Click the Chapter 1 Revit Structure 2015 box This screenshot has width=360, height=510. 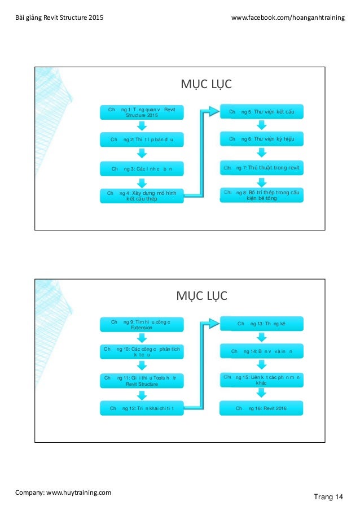(x=142, y=112)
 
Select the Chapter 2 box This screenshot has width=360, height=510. (x=142, y=139)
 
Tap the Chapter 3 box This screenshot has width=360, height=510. (x=142, y=168)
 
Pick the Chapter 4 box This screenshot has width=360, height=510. (x=142, y=195)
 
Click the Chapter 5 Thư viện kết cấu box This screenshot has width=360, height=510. (x=261, y=112)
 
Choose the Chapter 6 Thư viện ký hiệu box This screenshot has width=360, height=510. (x=261, y=139)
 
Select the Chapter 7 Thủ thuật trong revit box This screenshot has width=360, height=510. (x=261, y=168)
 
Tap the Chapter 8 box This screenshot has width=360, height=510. (x=261, y=195)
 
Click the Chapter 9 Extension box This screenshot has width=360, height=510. (x=142, y=324)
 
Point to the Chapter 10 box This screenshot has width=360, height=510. (x=142, y=352)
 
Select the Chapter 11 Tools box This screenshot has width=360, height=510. (x=142, y=380)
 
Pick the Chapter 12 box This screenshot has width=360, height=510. (x=142, y=408)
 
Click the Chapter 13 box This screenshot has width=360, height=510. (x=261, y=324)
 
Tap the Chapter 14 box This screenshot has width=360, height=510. (x=261, y=351)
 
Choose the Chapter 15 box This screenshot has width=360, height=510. (x=261, y=379)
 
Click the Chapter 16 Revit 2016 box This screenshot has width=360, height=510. (x=261, y=407)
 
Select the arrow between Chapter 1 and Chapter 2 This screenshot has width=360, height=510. (x=142, y=125)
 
